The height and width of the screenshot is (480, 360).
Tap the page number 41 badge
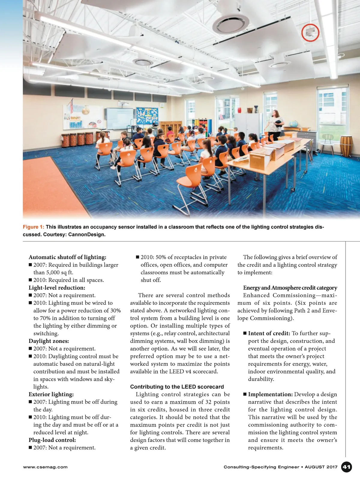(x=346, y=467)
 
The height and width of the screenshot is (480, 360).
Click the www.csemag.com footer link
(x=45, y=467)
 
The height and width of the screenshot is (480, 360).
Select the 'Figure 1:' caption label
(x=33, y=227)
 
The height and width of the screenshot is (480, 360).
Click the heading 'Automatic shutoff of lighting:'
(x=67, y=257)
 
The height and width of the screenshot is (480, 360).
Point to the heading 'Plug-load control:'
(x=52, y=440)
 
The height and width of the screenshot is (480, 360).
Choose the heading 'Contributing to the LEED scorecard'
(x=177, y=387)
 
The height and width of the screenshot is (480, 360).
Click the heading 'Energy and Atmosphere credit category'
(x=290, y=288)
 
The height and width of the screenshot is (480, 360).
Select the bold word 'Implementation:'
(x=270, y=394)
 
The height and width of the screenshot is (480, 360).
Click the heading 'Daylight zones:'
(x=49, y=341)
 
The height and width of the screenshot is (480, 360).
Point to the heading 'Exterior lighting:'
(x=51, y=394)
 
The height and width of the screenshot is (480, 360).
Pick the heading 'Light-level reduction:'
(x=57, y=288)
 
